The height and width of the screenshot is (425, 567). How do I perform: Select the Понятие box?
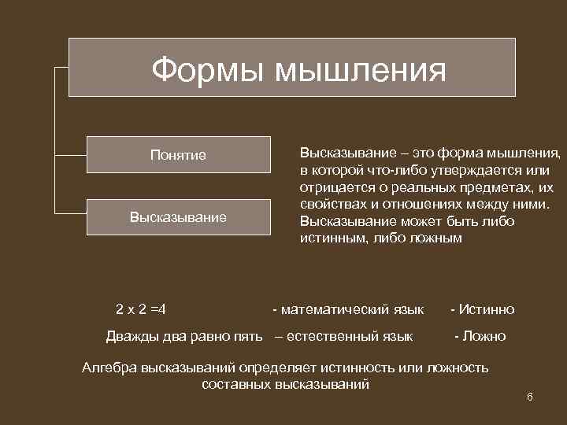coord(179,155)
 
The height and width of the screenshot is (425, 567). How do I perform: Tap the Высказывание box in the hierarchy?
coord(179,216)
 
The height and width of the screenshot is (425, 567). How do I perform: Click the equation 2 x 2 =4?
coord(146,309)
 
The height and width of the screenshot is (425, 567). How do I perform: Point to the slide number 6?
coord(530,397)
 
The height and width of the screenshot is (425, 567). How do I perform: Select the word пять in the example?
coord(247,337)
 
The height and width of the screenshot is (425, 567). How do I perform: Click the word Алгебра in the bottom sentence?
coord(109,368)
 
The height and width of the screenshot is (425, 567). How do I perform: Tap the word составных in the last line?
coord(234,385)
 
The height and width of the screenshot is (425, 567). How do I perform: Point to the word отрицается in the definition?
coord(334,187)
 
